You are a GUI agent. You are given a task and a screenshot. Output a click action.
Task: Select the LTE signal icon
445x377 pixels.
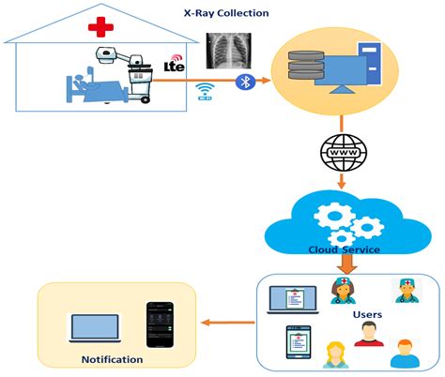(173, 64)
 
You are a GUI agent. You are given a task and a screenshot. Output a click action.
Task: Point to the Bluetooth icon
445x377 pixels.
(246, 82)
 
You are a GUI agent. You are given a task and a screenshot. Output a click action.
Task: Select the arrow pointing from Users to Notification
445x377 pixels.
(225, 324)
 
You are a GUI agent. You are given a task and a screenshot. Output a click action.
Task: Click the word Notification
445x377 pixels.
(112, 359)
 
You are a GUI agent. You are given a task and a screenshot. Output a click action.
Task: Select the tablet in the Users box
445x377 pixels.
(298, 343)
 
